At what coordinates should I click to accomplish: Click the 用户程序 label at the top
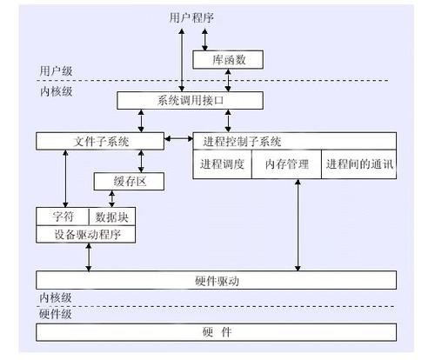click(x=191, y=18)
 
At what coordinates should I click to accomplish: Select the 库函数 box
click(x=228, y=60)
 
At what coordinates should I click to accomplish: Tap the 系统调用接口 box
click(x=190, y=101)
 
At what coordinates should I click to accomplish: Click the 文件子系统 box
click(x=100, y=141)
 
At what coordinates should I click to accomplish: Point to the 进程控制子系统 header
click(x=295, y=141)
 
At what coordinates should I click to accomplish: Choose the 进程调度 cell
click(x=222, y=164)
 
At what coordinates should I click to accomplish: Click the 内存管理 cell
click(x=286, y=164)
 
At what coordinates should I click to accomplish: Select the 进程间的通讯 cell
click(x=359, y=164)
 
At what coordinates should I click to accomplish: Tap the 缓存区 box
click(x=129, y=182)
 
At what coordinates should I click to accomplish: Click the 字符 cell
click(x=63, y=217)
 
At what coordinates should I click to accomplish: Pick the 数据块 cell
click(x=112, y=217)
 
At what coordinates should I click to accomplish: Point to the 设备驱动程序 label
click(x=87, y=234)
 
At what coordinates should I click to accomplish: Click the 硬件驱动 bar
click(x=217, y=280)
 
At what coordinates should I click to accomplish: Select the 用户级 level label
click(x=56, y=70)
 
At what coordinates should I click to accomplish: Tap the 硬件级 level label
click(x=56, y=314)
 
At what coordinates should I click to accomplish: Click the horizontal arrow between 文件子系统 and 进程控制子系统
click(x=178, y=139)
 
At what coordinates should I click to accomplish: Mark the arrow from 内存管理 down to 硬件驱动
click(x=298, y=225)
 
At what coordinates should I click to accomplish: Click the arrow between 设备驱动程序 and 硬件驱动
click(x=89, y=257)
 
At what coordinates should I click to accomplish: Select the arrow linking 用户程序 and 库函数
click(x=204, y=39)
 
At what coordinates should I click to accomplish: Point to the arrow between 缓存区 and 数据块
click(x=112, y=199)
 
